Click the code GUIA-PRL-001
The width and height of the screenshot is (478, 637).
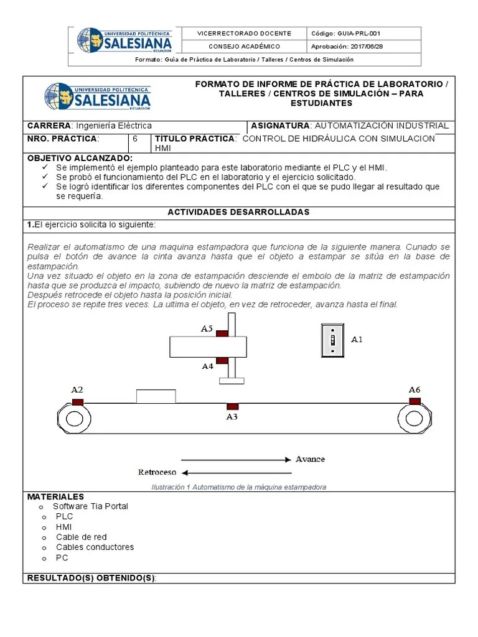point(354,34)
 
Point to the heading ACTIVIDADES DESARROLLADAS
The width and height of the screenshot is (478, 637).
point(238,212)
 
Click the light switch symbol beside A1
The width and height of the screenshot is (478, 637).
point(333,340)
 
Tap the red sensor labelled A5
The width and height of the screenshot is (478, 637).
point(222,333)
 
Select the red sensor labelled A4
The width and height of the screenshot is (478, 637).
point(222,360)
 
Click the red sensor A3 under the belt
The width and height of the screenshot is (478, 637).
point(232,406)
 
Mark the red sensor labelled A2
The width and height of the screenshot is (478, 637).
point(78,402)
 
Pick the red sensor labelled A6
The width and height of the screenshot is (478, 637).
point(414,401)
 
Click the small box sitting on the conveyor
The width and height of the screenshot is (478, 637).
point(156,396)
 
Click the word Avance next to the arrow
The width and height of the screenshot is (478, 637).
point(310,459)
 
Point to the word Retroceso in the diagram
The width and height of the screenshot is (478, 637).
point(157,472)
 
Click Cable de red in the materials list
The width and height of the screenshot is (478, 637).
point(81,537)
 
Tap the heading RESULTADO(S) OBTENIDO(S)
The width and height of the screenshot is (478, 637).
point(91,579)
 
